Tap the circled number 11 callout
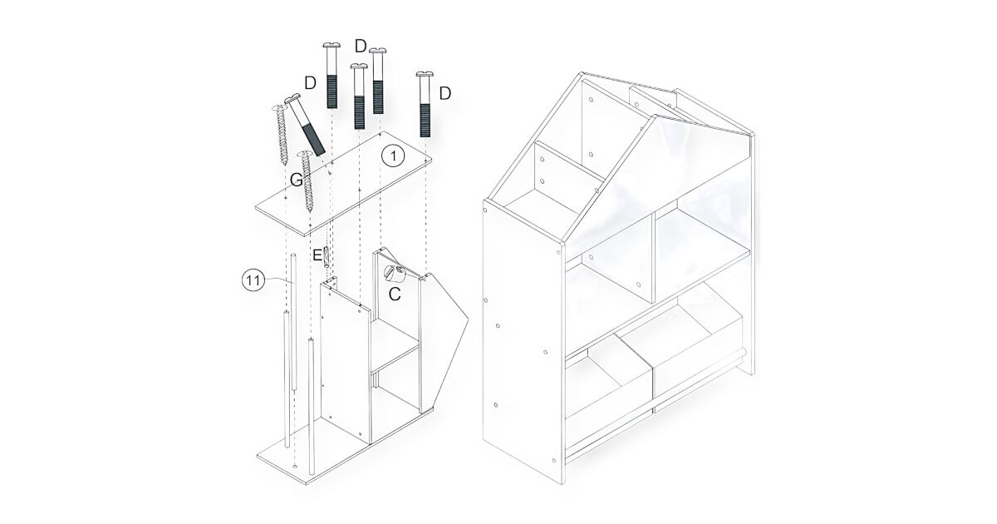coord(253,281)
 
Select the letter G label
coord(296,180)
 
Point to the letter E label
coord(317,255)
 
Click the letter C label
coord(395,294)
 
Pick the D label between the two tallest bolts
coord(361,46)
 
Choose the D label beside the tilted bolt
coord(310,82)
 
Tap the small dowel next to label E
coord(327,257)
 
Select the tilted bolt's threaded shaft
coord(314,140)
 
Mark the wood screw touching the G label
coord(307,181)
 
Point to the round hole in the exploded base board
coord(295,465)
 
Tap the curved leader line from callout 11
coord(279,280)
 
